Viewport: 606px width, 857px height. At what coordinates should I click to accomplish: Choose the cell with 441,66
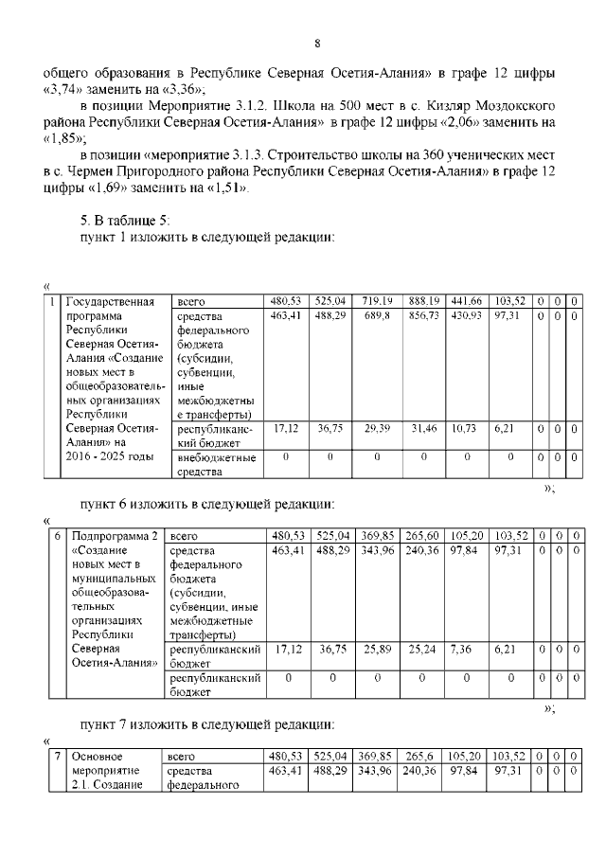466,300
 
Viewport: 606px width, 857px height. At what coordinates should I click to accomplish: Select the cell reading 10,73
466,428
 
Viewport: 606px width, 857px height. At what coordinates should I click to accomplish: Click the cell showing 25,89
376,651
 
